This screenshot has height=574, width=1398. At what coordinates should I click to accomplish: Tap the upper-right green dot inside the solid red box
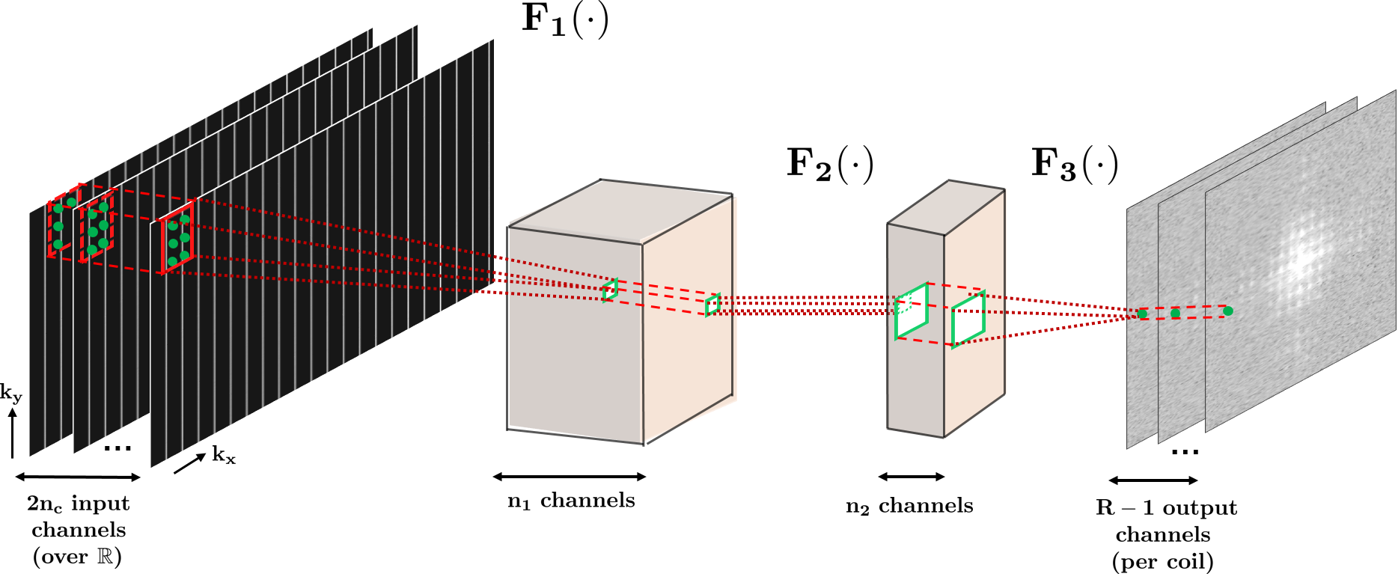185,219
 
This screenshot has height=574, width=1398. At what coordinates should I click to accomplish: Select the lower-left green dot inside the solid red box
173,261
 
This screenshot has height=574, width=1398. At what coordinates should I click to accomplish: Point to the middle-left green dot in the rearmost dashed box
58,226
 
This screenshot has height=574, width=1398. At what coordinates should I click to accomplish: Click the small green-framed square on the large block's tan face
610,290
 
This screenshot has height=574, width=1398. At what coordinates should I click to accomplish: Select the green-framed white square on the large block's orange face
712,305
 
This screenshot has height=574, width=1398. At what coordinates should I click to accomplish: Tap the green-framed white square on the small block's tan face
912,311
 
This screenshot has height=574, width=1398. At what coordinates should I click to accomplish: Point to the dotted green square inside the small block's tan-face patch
904,304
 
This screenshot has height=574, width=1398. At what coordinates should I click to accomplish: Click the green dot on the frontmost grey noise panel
1228,311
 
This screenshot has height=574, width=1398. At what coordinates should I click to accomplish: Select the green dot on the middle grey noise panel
1176,313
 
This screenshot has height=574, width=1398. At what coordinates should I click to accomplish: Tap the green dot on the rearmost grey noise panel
1143,314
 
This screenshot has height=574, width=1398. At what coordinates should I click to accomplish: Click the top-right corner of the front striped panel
492,39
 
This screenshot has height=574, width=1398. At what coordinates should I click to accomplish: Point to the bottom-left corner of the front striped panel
151,467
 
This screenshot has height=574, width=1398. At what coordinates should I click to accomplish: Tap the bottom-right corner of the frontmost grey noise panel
1396,329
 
